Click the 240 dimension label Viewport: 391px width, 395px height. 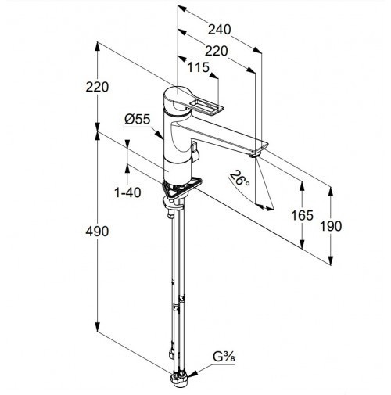219,30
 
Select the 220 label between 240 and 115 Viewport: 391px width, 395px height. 216,51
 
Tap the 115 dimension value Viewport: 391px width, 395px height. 199,67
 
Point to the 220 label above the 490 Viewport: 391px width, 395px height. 97,87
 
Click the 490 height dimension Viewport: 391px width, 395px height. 97,232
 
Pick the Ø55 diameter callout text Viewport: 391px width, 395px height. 138,120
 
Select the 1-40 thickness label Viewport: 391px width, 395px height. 127,192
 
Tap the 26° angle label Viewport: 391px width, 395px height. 239,178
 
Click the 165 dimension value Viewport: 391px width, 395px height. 302,215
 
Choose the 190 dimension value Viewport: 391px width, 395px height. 330,226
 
